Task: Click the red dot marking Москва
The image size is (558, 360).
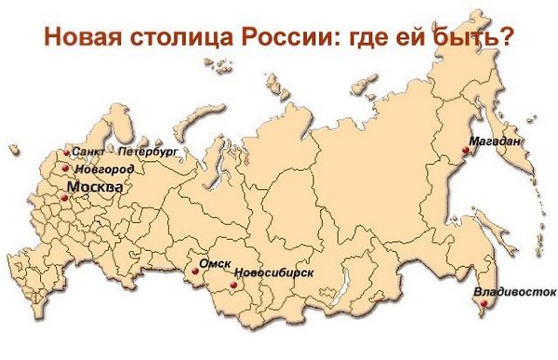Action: pyautogui.click(x=64, y=197)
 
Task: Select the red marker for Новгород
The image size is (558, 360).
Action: pyautogui.click(x=65, y=168)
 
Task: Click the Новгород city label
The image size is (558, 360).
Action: pyautogui.click(x=104, y=169)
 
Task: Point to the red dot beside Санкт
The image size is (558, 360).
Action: pyautogui.click(x=66, y=153)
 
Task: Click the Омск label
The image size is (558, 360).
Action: pyautogui.click(x=215, y=263)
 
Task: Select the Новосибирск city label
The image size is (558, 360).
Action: pyautogui.click(x=274, y=273)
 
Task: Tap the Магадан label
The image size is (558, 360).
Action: pyautogui.click(x=495, y=141)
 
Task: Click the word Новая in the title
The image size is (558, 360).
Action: pyautogui.click(x=81, y=36)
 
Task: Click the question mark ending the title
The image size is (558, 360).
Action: pyautogui.click(x=511, y=36)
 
